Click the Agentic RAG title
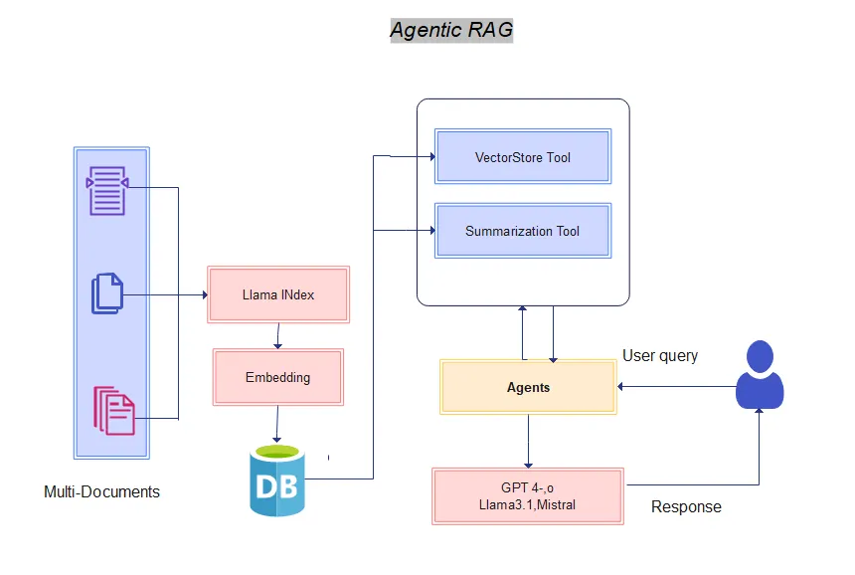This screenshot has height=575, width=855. (x=451, y=30)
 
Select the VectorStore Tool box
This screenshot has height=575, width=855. (x=523, y=156)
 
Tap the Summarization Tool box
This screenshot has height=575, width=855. (x=523, y=231)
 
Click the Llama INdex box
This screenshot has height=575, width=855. (x=278, y=294)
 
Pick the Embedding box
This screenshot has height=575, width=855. (x=278, y=377)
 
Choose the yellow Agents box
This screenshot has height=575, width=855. (x=528, y=387)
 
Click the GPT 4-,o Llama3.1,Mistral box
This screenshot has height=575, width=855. (x=528, y=496)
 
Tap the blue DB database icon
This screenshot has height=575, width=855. (x=277, y=481)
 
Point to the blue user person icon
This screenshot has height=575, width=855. (x=760, y=375)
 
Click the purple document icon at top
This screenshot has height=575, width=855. (x=106, y=189)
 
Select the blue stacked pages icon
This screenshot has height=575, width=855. (x=107, y=293)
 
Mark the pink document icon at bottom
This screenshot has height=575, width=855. (x=113, y=410)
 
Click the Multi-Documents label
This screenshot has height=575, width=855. (x=101, y=492)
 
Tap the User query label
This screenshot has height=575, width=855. (x=660, y=355)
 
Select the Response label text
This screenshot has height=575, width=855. (x=686, y=507)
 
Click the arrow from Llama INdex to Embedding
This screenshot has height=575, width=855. (x=278, y=335)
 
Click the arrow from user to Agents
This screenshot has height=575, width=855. (x=676, y=386)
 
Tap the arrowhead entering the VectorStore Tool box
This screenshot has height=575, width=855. (x=430, y=156)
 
